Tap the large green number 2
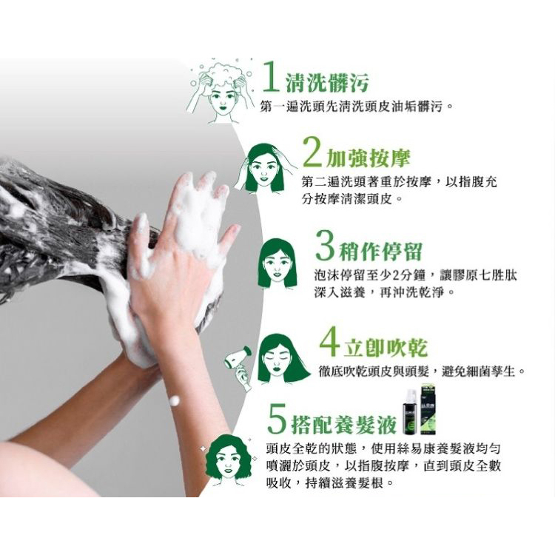[x=312, y=152]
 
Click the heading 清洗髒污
[x=327, y=82]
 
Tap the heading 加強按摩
[x=368, y=158]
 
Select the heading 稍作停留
[x=381, y=251]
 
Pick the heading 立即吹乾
[x=386, y=347]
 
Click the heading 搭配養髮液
[x=343, y=425]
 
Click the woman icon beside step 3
[x=277, y=263]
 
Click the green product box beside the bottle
[x=428, y=410]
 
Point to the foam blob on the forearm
[x=174, y=400]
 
